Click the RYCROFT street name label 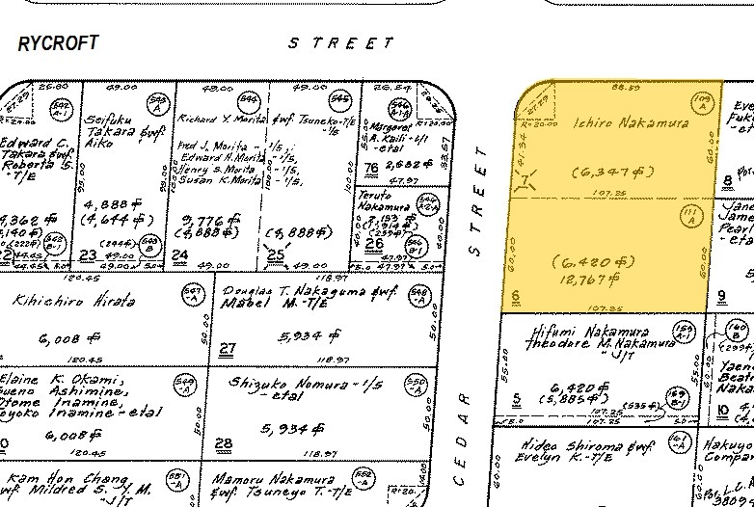[58, 44]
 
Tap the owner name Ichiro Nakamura [616, 123]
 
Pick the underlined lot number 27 [228, 348]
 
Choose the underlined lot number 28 [225, 443]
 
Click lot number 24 [179, 255]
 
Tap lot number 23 [89, 255]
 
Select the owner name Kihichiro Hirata [73, 301]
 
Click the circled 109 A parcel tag [703, 100]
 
